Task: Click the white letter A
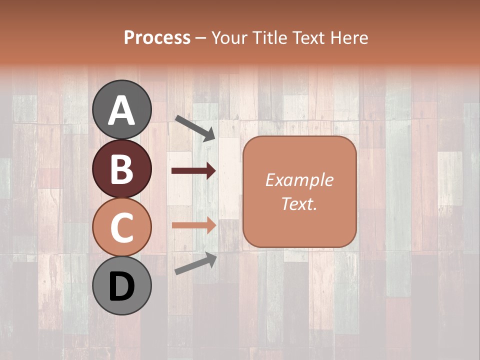[x=121, y=110]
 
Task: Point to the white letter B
[x=121, y=169]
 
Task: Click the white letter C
[x=121, y=227]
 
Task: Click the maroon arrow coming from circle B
[x=193, y=171]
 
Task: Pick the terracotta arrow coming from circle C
[x=193, y=225]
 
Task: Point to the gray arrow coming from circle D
[x=195, y=263]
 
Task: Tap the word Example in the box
[x=299, y=180]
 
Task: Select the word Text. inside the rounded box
[x=299, y=203]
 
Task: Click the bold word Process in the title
[x=157, y=38]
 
